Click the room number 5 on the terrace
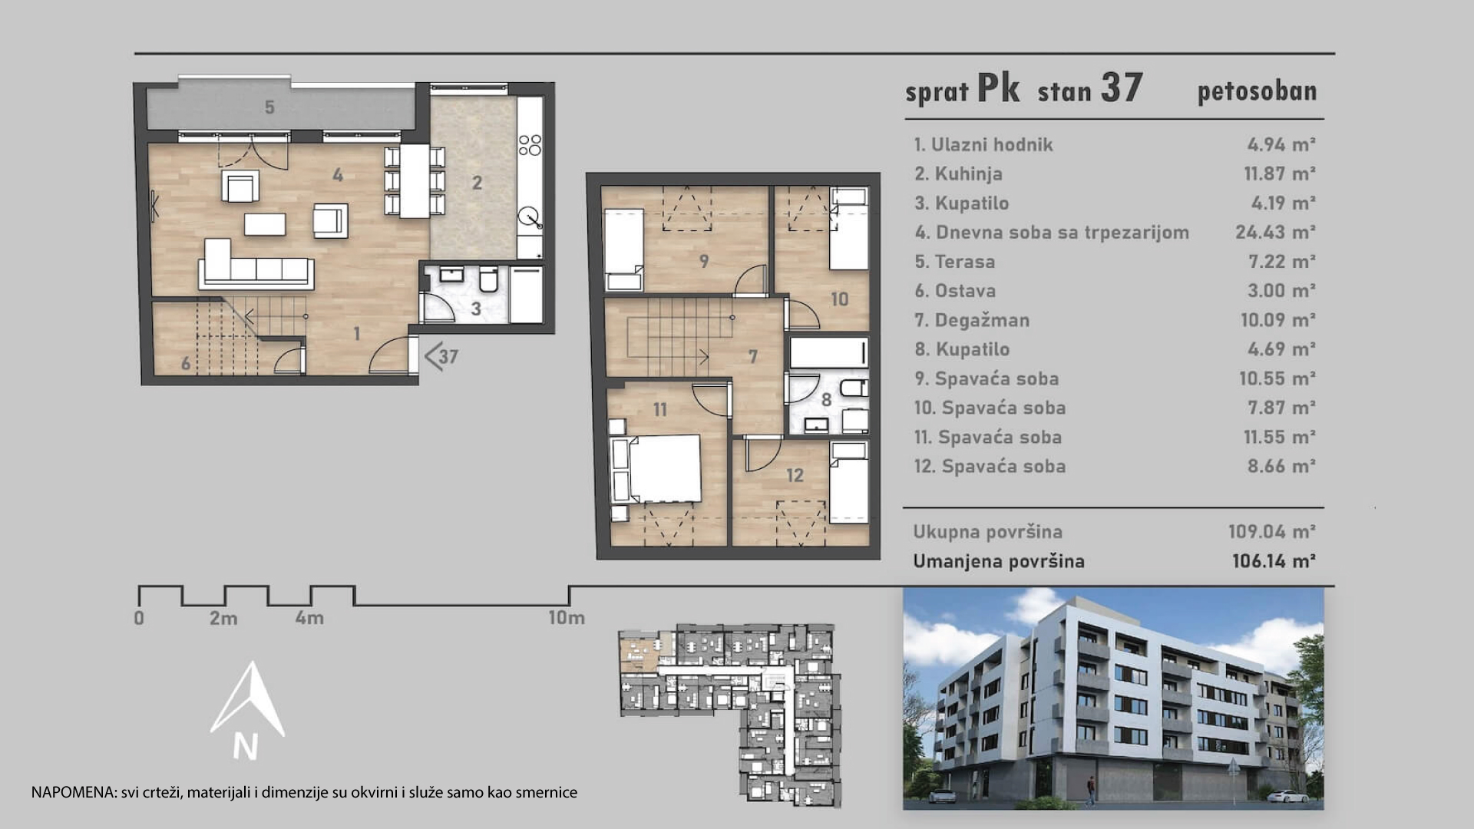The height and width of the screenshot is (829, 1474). [269, 107]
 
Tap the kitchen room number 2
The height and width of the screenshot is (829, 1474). [477, 183]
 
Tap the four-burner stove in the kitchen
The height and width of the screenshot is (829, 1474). [530, 145]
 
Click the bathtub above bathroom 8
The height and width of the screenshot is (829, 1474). [829, 353]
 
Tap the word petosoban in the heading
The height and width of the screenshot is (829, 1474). [1257, 91]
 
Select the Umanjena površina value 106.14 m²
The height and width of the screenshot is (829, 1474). [1274, 561]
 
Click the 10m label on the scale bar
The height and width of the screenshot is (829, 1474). [567, 617]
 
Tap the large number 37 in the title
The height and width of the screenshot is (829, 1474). [1122, 88]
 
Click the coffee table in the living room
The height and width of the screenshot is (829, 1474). [265, 224]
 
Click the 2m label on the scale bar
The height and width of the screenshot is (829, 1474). [223, 618]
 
